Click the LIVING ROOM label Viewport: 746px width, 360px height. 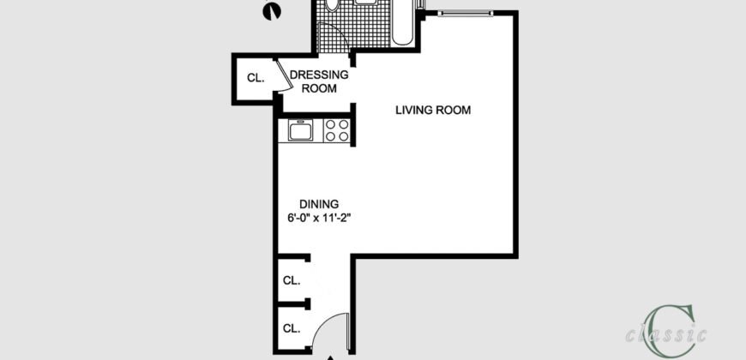[433, 110]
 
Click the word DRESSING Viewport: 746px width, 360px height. [318, 75]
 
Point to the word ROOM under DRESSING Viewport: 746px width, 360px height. [318, 88]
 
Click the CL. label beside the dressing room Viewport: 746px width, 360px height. [256, 78]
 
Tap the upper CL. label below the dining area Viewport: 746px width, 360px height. [292, 280]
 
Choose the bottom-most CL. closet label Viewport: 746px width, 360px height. [292, 328]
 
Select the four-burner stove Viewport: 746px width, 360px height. [337, 131]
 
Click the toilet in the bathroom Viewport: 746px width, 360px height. [334, 7]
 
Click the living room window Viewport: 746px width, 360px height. [462, 12]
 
